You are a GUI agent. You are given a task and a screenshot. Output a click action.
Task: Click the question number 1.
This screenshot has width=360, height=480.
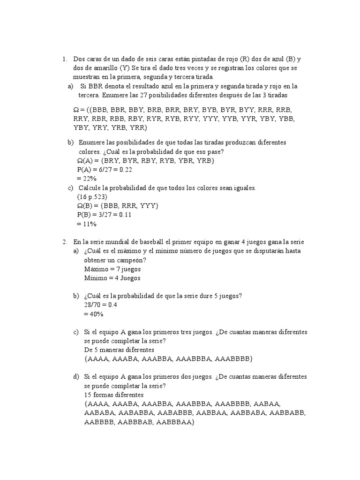click(64, 59)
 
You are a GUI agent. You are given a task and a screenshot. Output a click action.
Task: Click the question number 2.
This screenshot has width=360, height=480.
click(64, 242)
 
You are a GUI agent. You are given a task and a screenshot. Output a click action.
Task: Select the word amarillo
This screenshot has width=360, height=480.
click(94, 68)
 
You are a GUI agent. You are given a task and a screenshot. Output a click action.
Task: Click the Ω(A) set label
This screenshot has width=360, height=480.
click(85, 161)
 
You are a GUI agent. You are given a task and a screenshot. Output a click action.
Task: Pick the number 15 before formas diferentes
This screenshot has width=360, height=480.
click(88, 395)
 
